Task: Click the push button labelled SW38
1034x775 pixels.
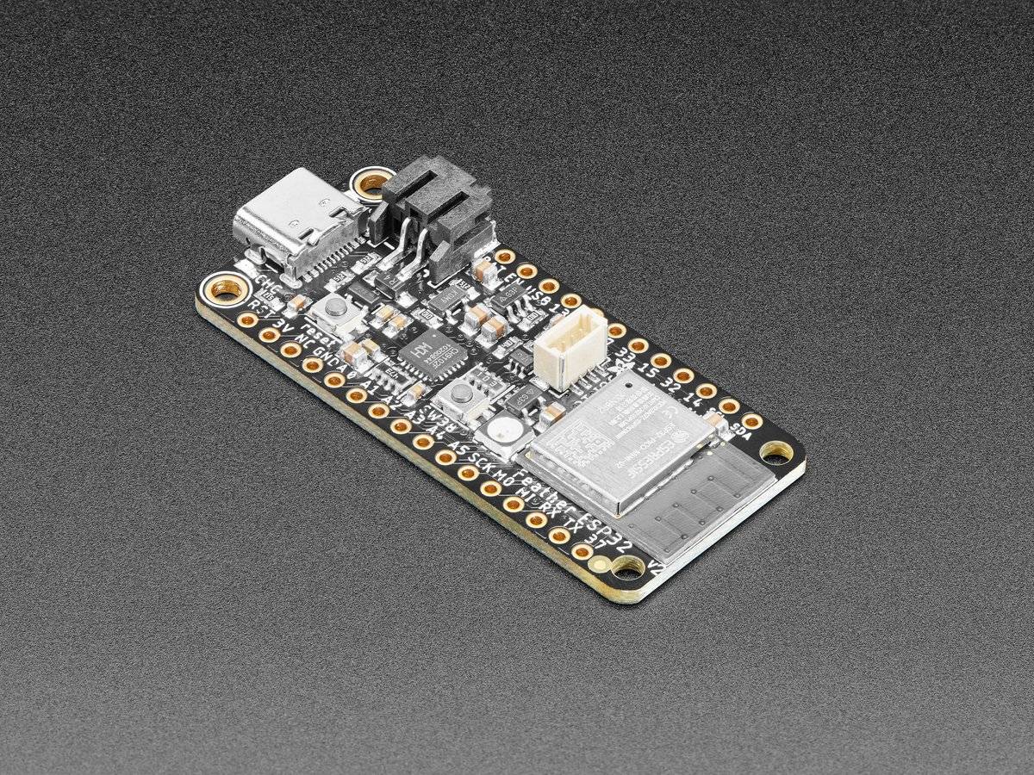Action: (x=460, y=395)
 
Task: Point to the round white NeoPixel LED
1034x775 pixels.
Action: (x=499, y=430)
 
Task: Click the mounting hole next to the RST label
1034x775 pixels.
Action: (x=226, y=288)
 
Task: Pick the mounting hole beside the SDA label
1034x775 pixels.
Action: (x=776, y=452)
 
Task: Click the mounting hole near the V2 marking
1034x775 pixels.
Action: (x=626, y=566)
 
